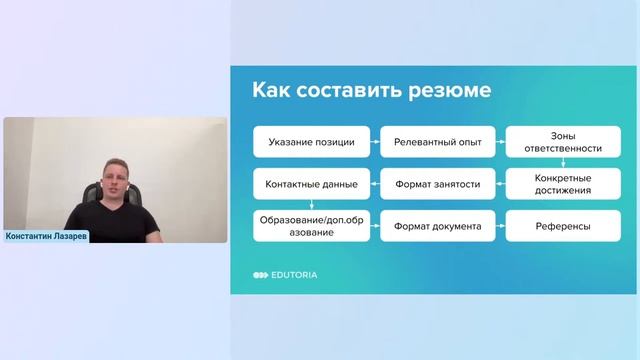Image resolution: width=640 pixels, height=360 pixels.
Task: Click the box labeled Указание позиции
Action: tap(311, 142)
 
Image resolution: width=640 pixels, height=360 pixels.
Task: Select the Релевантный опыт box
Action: tap(437, 142)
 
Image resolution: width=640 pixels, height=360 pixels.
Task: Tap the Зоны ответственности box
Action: tap(562, 142)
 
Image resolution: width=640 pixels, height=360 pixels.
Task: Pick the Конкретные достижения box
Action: tap(562, 184)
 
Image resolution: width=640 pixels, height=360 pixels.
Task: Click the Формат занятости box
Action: tap(437, 184)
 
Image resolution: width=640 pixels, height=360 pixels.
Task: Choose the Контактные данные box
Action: tap(311, 184)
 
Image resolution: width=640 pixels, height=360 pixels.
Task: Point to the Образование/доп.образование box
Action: tap(311, 226)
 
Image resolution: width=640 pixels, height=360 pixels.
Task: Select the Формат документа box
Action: tap(437, 226)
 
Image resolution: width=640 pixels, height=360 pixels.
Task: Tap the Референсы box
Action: tap(562, 226)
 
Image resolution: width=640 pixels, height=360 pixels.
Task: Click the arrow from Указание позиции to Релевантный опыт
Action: tap(375, 142)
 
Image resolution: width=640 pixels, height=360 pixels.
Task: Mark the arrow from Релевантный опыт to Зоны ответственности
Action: tap(500, 142)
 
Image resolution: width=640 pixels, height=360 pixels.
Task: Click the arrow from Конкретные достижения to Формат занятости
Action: tap(500, 184)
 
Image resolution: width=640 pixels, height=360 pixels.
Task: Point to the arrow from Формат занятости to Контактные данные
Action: tap(375, 184)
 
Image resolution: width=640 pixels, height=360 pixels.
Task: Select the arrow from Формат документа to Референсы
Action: tap(500, 226)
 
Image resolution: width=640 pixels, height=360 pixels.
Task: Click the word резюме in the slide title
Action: tap(446, 91)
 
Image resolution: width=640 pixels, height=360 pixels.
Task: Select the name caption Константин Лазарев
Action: tap(46, 238)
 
